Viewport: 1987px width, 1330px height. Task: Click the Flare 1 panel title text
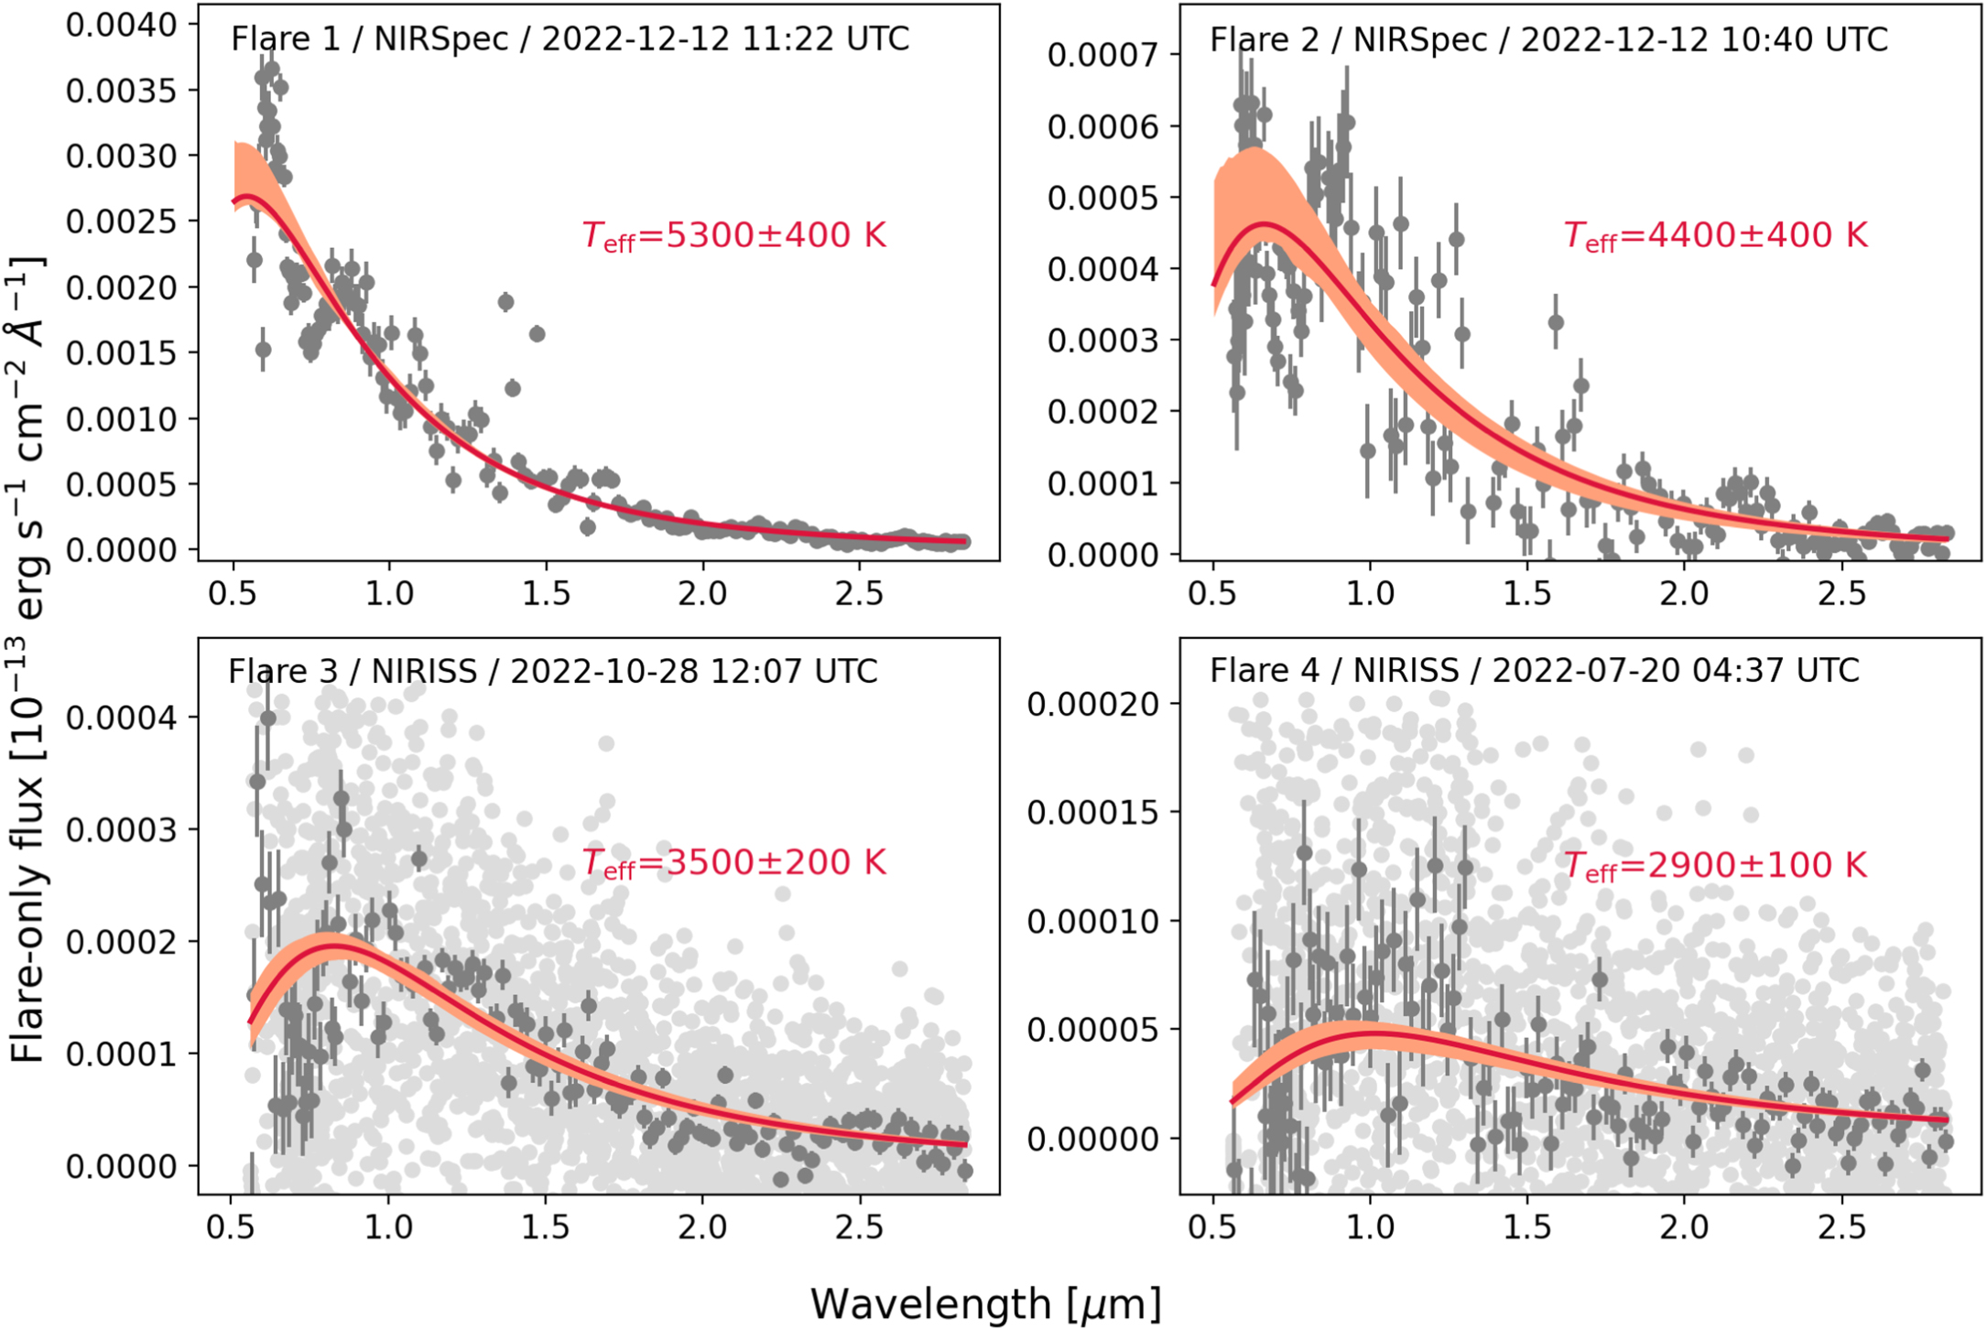tap(570, 39)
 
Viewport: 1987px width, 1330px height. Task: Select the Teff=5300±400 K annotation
tap(734, 235)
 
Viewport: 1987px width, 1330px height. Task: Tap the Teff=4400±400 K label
tap(1715, 235)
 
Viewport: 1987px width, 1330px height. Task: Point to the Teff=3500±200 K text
tap(734, 862)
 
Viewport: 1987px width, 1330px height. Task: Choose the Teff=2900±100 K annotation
tap(1715, 865)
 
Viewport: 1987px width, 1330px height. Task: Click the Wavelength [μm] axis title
tap(985, 1303)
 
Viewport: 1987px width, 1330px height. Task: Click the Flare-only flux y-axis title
tap(27, 659)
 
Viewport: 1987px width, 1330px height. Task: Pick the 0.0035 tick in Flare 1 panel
tap(121, 91)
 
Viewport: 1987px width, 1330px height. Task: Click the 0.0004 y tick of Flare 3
tap(121, 718)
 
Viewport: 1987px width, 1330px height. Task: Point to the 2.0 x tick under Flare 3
tap(702, 1227)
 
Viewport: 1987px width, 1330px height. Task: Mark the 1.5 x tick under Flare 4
tap(1527, 1227)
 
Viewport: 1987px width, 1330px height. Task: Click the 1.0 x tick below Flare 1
tap(388, 593)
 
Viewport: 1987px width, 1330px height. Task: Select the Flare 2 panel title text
tap(1548, 39)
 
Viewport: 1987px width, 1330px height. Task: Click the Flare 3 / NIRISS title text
tap(552, 671)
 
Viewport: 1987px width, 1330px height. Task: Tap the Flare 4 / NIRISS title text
tap(1534, 670)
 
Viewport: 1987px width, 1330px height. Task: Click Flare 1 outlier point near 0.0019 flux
tap(505, 301)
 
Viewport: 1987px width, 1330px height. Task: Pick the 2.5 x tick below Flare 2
tap(1840, 593)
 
